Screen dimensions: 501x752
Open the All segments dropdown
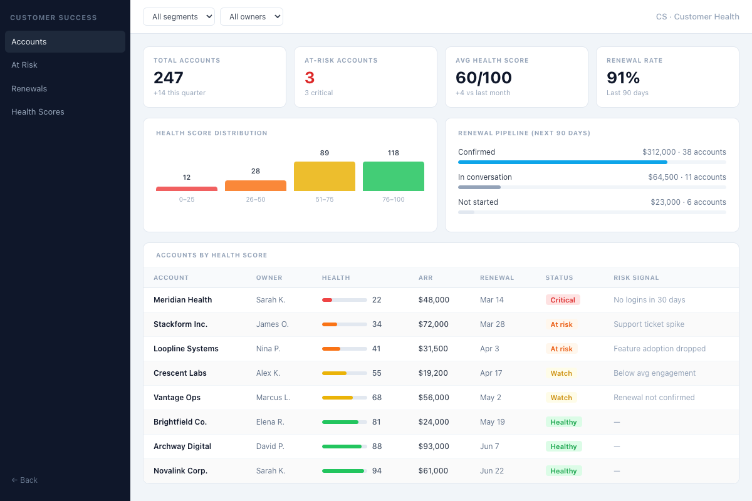pyautogui.click(x=179, y=17)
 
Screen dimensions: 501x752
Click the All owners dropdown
pyautogui.click(x=251, y=17)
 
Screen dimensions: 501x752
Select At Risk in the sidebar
pyautogui.click(x=24, y=65)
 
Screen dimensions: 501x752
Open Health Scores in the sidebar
pyautogui.click(x=38, y=112)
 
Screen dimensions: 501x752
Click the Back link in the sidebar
pyautogui.click(x=25, y=480)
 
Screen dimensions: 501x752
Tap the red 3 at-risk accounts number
pyautogui.click(x=310, y=78)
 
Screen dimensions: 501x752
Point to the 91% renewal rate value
pyautogui.click(x=623, y=78)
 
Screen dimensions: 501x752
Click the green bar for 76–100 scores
pyautogui.click(x=393, y=176)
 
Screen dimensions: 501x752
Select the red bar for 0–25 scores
pyautogui.click(x=187, y=189)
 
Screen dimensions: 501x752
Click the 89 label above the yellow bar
pyautogui.click(x=324, y=153)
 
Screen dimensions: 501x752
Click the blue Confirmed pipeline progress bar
pyautogui.click(x=562, y=162)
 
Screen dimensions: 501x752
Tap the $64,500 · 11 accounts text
pyautogui.click(x=687, y=177)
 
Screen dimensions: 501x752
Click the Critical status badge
pyautogui.click(x=562, y=300)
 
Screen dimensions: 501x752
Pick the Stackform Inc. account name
pyautogui.click(x=180, y=324)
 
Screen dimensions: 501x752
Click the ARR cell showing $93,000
pyautogui.click(x=434, y=447)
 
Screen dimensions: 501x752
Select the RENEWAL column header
pyautogui.click(x=497, y=278)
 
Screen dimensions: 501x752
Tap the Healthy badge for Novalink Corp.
pyautogui.click(x=563, y=471)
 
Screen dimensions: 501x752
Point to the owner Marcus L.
pyautogui.click(x=273, y=398)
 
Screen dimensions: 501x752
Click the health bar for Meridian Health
pyautogui.click(x=344, y=300)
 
